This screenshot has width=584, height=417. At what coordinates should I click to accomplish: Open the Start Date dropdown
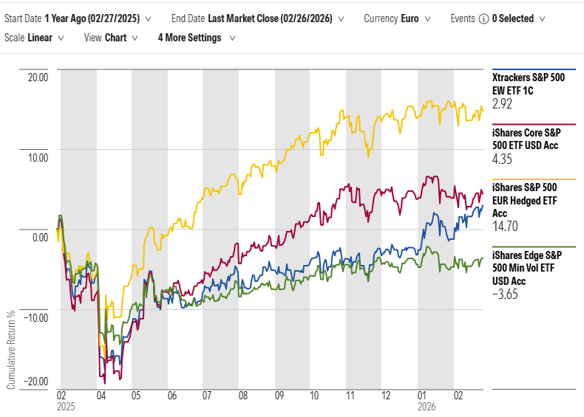[78, 18]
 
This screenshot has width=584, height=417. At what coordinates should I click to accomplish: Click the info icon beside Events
[483, 18]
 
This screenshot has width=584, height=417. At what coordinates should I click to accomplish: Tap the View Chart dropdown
[109, 38]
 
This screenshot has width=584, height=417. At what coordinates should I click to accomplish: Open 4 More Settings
[194, 38]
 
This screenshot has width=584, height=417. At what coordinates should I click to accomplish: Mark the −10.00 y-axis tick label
[34, 317]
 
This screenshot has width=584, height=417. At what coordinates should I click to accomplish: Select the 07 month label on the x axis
[208, 396]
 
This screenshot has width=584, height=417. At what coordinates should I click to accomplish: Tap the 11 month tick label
[350, 396]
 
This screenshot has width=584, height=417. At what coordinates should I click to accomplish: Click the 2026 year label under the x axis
[427, 407]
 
